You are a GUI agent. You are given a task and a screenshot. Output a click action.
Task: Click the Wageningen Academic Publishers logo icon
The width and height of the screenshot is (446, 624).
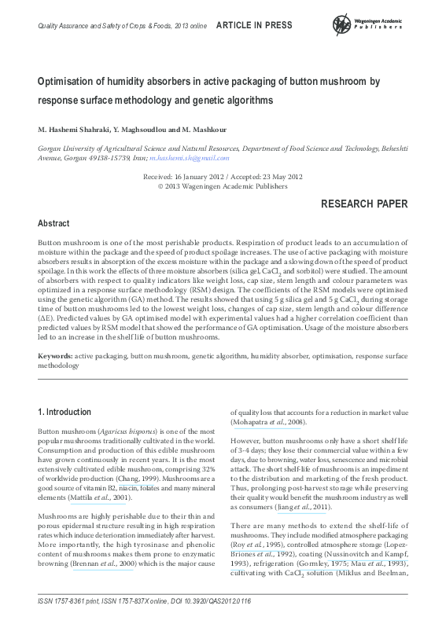tap(343, 24)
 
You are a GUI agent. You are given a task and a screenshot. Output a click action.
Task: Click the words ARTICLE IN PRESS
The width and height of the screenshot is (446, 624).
tap(254, 25)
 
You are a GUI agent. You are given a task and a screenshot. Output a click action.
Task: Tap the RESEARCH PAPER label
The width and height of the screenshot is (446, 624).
tap(366, 204)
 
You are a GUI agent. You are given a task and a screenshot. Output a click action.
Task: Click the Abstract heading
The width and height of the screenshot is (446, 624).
tap(54, 224)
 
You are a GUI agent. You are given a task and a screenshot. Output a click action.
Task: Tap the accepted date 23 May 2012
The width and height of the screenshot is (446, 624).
tap(275, 177)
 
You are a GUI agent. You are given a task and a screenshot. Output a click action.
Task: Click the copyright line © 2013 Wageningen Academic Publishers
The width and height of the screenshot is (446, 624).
tap(223, 187)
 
